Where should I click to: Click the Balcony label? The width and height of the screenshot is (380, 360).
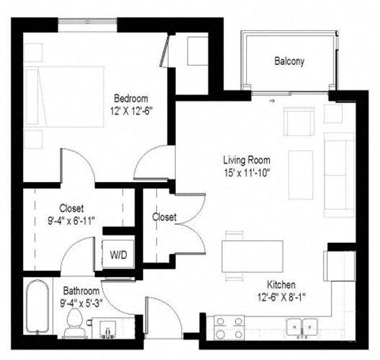tap(289, 61)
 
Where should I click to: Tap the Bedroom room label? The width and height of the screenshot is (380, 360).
tap(129, 98)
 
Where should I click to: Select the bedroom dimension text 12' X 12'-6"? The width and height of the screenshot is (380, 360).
tap(128, 112)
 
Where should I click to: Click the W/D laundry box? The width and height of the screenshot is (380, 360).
tap(119, 255)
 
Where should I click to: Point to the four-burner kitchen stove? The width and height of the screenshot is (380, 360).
tap(229, 327)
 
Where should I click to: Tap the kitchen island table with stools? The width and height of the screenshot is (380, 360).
tap(253, 255)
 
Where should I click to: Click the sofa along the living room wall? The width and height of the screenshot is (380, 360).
tap(340, 174)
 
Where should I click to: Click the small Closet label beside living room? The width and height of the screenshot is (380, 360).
tap(164, 217)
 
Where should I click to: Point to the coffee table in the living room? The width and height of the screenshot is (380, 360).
tap(300, 173)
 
